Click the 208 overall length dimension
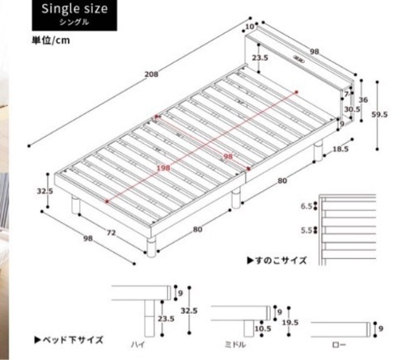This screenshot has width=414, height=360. (151, 74)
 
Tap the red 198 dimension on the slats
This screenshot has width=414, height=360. (163, 168)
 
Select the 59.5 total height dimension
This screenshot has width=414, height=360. (379, 114)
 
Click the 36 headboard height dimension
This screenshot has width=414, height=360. (363, 100)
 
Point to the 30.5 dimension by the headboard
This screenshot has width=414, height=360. (352, 109)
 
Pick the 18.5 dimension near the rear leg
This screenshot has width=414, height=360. (340, 149)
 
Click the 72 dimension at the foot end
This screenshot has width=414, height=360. (111, 232)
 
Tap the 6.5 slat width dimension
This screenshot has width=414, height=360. (306, 206)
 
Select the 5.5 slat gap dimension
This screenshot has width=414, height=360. (306, 231)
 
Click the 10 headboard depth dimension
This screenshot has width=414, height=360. (250, 27)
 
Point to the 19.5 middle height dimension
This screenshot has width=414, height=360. (290, 323)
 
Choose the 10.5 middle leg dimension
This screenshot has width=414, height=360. (263, 328)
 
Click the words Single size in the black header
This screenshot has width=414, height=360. (74, 9)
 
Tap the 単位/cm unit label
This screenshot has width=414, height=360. (51, 40)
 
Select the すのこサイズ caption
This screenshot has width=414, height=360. (277, 260)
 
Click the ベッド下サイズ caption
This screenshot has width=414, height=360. (69, 340)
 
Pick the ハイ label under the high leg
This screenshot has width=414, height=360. (137, 345)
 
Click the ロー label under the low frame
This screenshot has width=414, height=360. (340, 345)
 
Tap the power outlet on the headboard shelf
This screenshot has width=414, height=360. (298, 59)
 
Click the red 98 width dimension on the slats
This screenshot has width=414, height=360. (228, 156)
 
